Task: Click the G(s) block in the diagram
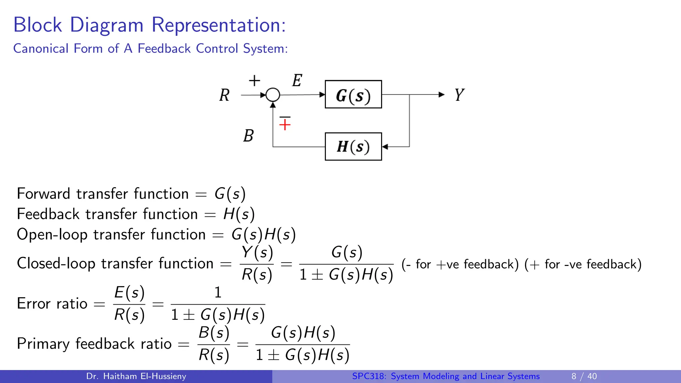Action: pyautogui.click(x=353, y=94)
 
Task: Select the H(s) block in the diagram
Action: pyautogui.click(x=353, y=147)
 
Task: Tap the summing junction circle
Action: pyautogui.click(x=273, y=95)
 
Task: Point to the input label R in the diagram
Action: pyautogui.click(x=224, y=95)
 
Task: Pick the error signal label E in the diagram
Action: pyautogui.click(x=297, y=80)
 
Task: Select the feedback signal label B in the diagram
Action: pyautogui.click(x=248, y=136)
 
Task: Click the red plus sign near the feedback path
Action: pyautogui.click(x=285, y=125)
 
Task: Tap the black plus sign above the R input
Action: pyautogui.click(x=254, y=81)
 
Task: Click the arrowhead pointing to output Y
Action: pyautogui.click(x=442, y=95)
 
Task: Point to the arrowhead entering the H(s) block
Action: pyautogui.click(x=385, y=147)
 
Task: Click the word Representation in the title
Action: pyautogui.click(x=218, y=25)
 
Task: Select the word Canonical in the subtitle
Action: pyautogui.click(x=41, y=49)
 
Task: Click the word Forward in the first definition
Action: pyautogui.click(x=43, y=194)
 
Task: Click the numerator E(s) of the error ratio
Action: pyautogui.click(x=129, y=293)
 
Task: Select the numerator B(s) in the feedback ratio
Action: pyautogui.click(x=214, y=333)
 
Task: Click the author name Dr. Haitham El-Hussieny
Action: pyautogui.click(x=136, y=376)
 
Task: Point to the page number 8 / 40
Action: pyautogui.click(x=584, y=376)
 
